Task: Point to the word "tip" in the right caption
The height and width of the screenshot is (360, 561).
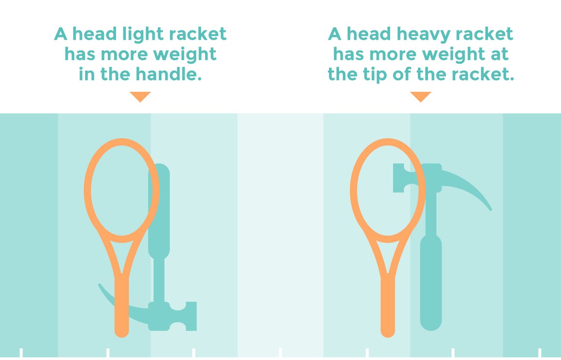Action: [x=379, y=75]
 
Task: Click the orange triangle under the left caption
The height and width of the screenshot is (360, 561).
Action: [x=140, y=96]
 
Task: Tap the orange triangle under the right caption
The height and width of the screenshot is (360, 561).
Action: [x=420, y=96]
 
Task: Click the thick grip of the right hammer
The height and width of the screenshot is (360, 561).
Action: [x=430, y=281]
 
